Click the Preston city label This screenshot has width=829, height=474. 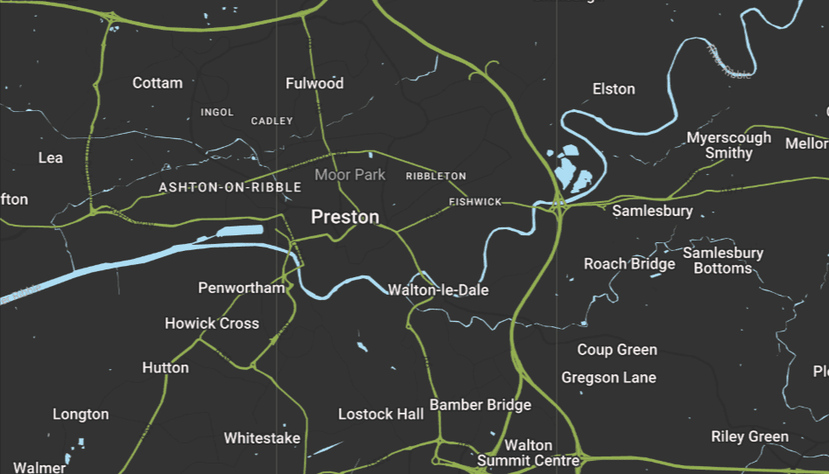click(x=345, y=217)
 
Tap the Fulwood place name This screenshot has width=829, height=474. click(x=314, y=84)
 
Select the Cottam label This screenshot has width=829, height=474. click(x=158, y=83)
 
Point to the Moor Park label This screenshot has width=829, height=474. click(x=350, y=175)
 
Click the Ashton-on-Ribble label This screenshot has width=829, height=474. click(x=230, y=188)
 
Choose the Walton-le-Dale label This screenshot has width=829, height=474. click(x=438, y=289)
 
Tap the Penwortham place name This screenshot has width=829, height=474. click(x=242, y=288)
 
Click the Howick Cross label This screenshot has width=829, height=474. click(x=212, y=324)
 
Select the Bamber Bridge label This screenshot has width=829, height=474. click(x=480, y=406)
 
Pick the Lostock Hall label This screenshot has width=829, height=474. click(x=381, y=414)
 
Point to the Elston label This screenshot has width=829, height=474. click(x=614, y=89)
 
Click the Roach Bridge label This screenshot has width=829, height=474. click(x=629, y=264)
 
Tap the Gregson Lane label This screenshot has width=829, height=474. click(x=609, y=378)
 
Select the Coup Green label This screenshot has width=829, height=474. click(x=617, y=350)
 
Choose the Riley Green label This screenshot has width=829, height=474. click(x=749, y=436)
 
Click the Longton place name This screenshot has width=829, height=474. click(x=81, y=415)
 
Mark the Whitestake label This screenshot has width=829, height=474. click(x=262, y=438)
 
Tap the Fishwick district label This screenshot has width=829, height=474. click(x=475, y=202)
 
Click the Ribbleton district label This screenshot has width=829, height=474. click(x=436, y=177)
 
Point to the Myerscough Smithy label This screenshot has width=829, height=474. click(x=728, y=145)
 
